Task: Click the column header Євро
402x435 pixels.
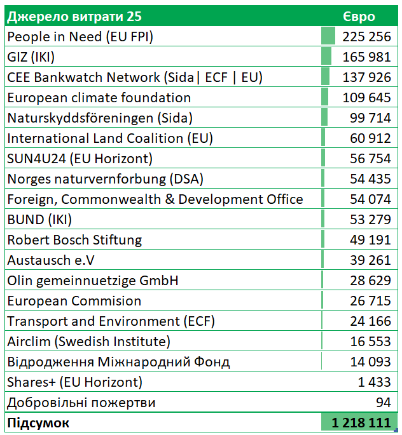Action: pos(359,17)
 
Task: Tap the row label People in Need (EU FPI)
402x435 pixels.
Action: pos(80,37)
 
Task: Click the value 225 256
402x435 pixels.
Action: pos(366,37)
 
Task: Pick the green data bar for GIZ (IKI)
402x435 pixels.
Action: pos(326,57)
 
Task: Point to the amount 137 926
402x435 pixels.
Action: pos(366,77)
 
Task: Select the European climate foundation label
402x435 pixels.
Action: pos(99,98)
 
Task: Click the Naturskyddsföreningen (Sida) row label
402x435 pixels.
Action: pos(100,118)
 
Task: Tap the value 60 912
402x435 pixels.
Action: pos(370,138)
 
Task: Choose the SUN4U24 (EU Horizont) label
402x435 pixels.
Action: pos(80,159)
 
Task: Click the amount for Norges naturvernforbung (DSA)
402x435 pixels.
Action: pos(370,179)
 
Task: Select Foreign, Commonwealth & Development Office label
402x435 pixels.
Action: pos(155,199)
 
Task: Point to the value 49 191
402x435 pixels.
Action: pos(370,240)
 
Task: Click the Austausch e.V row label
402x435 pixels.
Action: pos(55,260)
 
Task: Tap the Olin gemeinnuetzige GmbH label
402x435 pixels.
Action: pos(93,281)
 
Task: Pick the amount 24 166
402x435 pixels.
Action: pos(370,321)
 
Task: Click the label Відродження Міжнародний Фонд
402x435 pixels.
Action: pos(118,362)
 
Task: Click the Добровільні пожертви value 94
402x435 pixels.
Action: pos(383,403)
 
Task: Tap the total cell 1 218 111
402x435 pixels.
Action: pos(361,423)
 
